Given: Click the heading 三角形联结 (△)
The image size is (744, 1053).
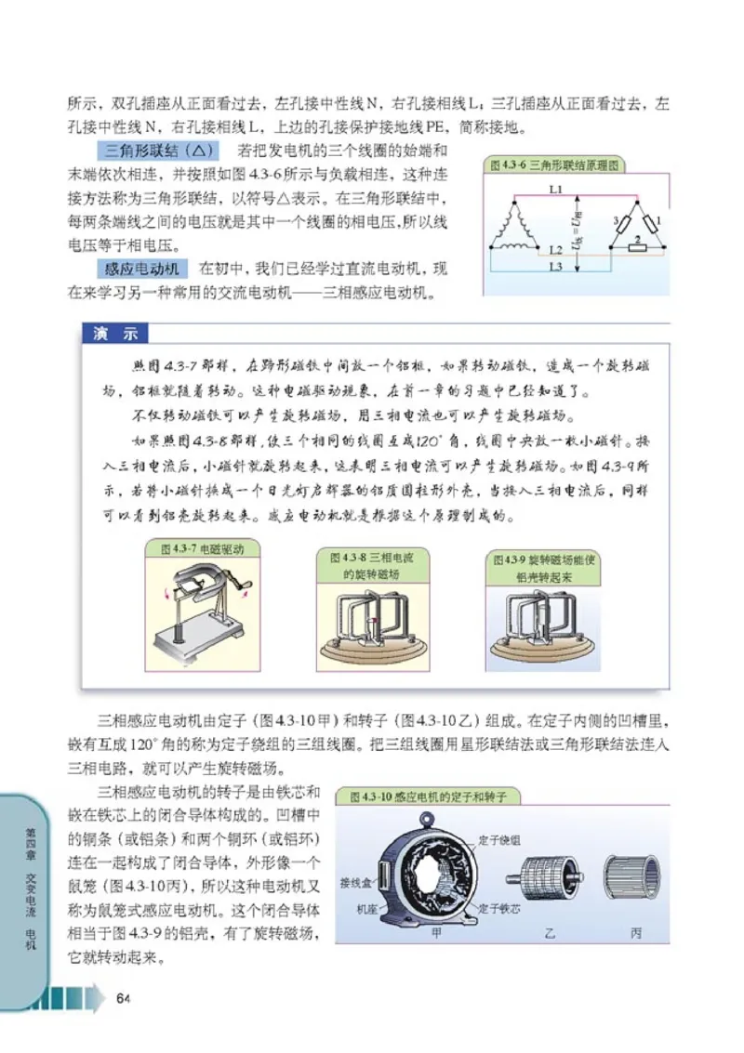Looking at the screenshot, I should pos(157,151).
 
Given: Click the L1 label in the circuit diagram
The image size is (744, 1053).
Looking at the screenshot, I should pos(556,189).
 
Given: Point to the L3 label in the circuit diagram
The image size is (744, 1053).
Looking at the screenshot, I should pos(555,268).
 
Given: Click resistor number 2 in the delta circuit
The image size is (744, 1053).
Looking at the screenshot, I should pos(636,238).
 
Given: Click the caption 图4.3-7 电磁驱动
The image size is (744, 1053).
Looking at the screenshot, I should pos(202,549).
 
